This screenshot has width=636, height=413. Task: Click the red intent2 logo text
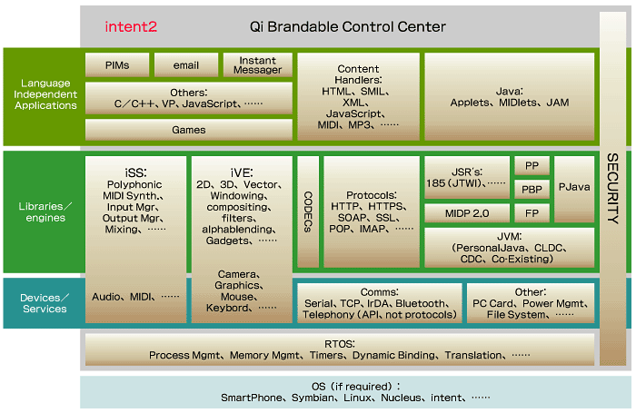click(131, 27)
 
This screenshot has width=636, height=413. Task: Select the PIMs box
click(116, 65)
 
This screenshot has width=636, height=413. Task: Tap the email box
click(186, 65)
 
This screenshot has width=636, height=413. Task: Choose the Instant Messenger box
click(259, 65)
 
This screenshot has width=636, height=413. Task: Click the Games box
click(189, 130)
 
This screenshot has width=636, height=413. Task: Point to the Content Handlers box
click(358, 96)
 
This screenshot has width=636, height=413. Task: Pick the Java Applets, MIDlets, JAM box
click(509, 96)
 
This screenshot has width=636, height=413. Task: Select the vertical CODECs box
click(309, 212)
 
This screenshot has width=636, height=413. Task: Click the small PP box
click(532, 166)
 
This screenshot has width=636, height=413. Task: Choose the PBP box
click(532, 190)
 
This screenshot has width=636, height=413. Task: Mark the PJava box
click(574, 190)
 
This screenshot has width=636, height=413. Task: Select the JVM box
click(509, 247)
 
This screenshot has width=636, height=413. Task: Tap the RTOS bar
click(340, 349)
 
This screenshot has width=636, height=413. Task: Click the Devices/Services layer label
click(45, 303)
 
